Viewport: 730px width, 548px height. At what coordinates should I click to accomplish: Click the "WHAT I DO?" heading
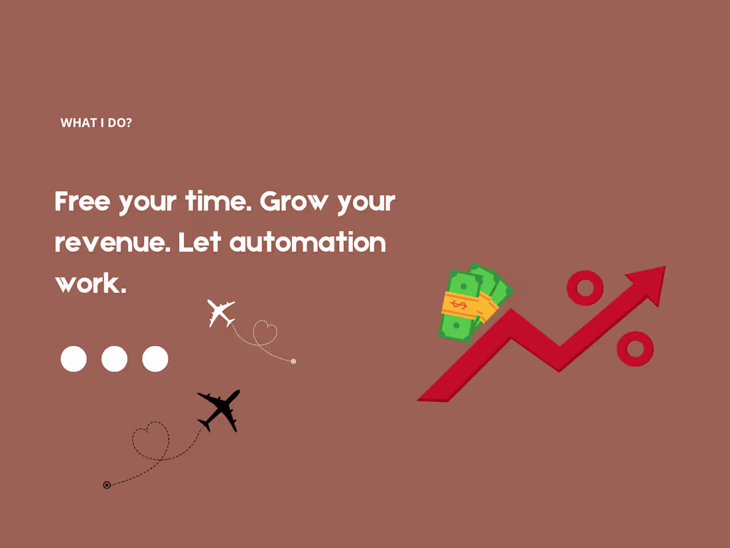point(96,123)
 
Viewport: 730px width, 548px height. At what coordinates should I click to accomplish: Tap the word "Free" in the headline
point(82,201)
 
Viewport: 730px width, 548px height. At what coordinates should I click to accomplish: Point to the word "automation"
point(307,242)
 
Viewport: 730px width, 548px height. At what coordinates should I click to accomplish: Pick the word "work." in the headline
point(90,284)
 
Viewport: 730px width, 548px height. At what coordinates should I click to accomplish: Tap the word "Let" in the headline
point(200,242)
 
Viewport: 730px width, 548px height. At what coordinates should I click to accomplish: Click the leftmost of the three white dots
point(74,359)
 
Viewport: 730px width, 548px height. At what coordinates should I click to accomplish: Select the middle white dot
point(114,359)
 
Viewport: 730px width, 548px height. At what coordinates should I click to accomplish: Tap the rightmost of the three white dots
point(155,359)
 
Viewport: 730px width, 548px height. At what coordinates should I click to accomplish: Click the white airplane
point(220,313)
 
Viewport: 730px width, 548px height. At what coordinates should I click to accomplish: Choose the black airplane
point(219,410)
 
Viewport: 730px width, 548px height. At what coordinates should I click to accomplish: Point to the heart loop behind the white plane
point(265,332)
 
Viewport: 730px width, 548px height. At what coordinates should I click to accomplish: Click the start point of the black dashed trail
point(107,485)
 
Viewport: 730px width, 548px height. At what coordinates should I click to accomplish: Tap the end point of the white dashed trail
point(293,361)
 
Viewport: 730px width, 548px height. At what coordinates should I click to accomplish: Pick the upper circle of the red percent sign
point(585,288)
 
